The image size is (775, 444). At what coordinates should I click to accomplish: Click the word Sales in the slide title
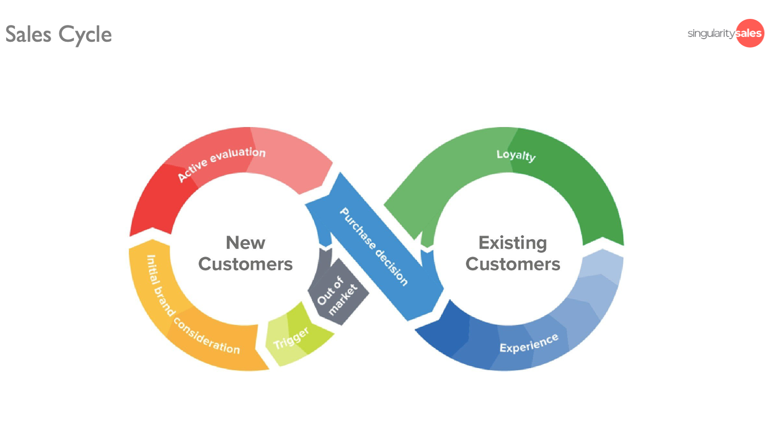(x=28, y=35)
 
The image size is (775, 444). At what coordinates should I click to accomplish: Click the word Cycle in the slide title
(x=85, y=35)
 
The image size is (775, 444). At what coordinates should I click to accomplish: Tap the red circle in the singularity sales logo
(x=750, y=33)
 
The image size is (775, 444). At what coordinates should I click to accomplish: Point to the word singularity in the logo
(x=711, y=33)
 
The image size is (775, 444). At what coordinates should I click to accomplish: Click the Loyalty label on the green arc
(x=516, y=155)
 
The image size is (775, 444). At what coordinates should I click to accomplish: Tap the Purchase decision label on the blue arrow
(x=374, y=247)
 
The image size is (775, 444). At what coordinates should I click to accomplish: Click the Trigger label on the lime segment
(x=291, y=338)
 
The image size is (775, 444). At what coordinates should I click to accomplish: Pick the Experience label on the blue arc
(x=529, y=343)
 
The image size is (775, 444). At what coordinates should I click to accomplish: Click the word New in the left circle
(x=245, y=243)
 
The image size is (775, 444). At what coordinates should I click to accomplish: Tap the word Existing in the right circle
(x=512, y=243)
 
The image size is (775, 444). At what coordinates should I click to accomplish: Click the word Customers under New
(x=245, y=264)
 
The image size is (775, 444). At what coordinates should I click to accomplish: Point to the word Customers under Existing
(x=513, y=264)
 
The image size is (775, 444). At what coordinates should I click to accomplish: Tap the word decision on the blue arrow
(x=392, y=268)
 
